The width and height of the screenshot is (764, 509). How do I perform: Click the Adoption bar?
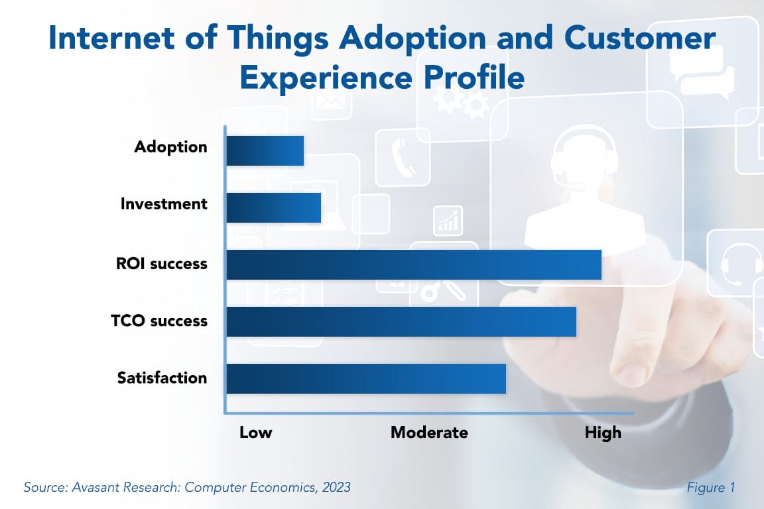(265, 150)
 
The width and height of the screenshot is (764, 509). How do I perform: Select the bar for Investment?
(273, 207)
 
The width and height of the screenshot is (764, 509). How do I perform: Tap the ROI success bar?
(413, 264)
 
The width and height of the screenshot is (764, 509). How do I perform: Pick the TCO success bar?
(401, 321)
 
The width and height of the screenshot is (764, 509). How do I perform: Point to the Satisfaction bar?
(365, 378)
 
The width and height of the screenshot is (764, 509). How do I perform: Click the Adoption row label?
(170, 147)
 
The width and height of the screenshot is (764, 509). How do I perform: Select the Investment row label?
(164, 204)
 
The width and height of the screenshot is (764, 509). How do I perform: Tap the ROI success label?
(162, 264)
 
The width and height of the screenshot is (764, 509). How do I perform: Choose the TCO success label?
(159, 321)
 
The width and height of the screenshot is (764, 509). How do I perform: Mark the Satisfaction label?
(162, 378)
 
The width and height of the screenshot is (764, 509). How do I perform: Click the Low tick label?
(256, 433)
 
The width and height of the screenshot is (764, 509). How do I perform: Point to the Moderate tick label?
(429, 433)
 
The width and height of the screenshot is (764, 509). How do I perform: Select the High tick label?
(603, 433)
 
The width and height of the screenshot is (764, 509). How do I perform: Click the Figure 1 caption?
(711, 487)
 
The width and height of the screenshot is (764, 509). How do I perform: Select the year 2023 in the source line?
(334, 487)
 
